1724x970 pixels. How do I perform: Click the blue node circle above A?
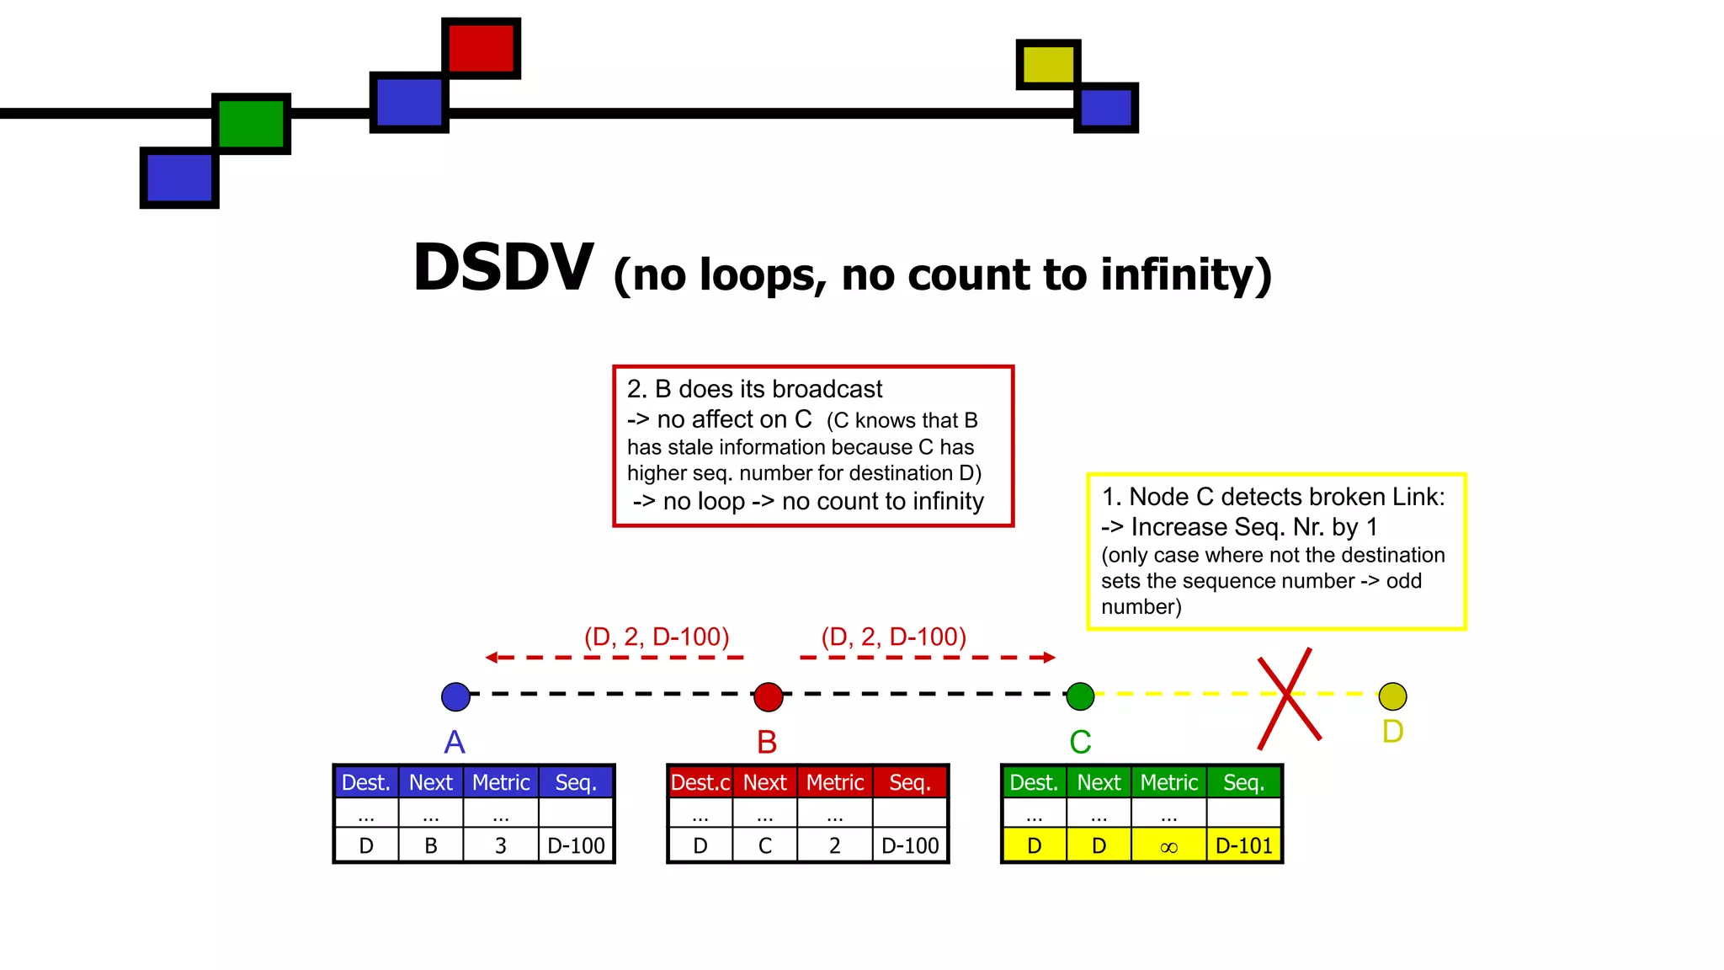[x=455, y=696]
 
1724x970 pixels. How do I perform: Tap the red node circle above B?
[x=768, y=696]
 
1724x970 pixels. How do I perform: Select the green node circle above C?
[x=1080, y=696]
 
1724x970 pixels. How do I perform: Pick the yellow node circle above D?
[x=1392, y=696]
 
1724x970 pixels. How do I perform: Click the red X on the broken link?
[x=1287, y=696]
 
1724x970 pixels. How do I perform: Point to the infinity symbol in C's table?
[x=1168, y=846]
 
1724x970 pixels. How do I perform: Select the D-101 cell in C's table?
[x=1243, y=846]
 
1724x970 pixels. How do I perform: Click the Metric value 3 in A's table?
[x=500, y=846]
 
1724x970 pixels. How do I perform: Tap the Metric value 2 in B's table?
[x=834, y=846]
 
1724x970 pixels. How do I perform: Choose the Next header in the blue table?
[x=430, y=782]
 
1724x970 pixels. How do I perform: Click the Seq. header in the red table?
[x=909, y=782]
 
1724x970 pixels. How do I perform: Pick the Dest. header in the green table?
[x=1033, y=782]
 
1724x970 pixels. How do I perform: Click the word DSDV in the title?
[x=503, y=269]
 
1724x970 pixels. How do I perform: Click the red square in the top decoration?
[x=481, y=48]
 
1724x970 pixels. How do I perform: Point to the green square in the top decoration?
[x=251, y=124]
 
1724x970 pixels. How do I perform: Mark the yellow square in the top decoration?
[x=1048, y=64]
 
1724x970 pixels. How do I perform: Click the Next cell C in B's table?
[x=764, y=846]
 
